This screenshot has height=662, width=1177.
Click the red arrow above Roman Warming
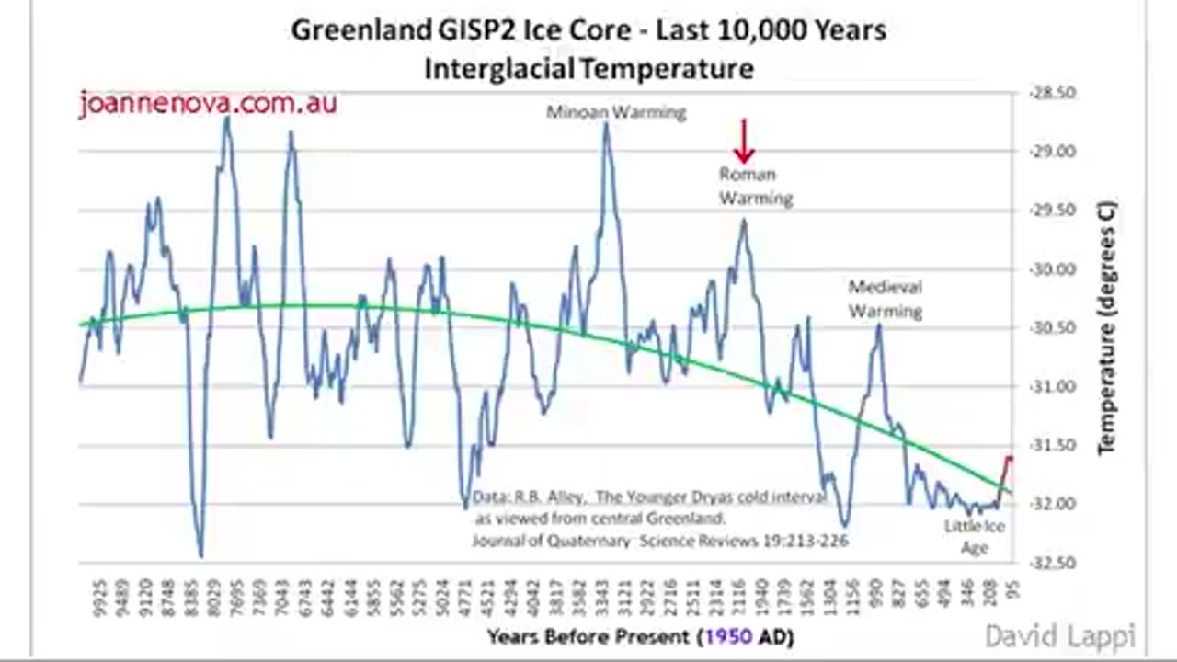point(744,142)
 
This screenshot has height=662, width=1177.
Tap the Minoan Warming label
point(616,113)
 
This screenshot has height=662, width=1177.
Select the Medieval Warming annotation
point(885,299)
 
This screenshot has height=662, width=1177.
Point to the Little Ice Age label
point(975,537)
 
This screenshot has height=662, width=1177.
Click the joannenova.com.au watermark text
point(208,103)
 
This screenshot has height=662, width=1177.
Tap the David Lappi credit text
point(1059,635)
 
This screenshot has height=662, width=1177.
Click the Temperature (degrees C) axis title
point(1105,327)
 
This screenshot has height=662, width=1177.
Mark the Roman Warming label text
point(755,186)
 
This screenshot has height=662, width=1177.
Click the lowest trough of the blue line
point(200,555)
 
